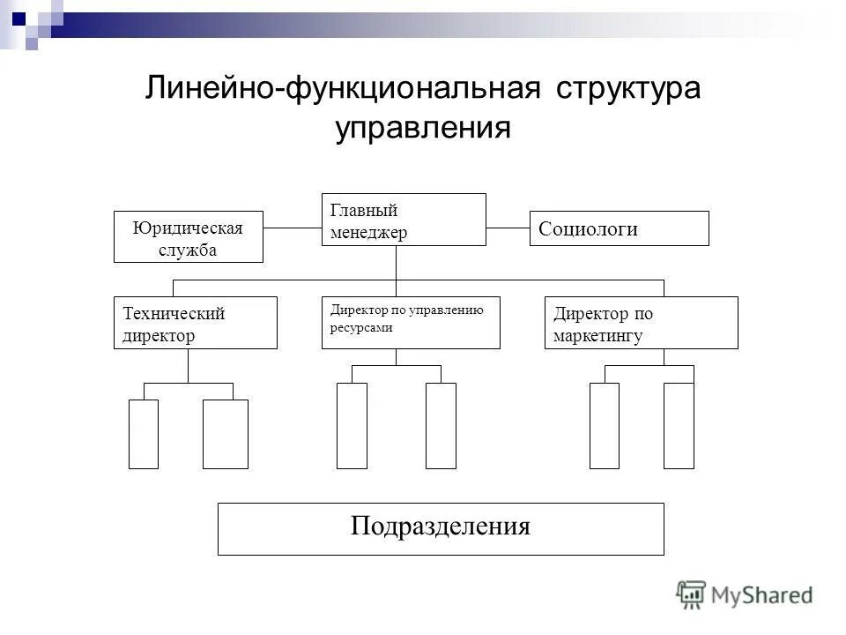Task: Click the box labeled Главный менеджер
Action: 404,220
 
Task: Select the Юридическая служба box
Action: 189,236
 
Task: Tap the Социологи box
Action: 619,228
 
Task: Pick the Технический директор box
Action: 195,323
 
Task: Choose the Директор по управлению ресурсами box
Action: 411,323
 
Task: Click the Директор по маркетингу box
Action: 641,323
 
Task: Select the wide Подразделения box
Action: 441,528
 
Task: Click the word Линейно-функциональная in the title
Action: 342,90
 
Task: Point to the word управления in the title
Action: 423,129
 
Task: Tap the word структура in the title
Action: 628,90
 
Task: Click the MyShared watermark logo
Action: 745,594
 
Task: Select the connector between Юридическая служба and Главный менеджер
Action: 293,228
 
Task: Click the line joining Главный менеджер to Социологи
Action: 508,228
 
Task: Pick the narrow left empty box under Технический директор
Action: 144,434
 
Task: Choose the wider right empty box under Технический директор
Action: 226,434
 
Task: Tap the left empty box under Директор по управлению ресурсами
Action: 352,425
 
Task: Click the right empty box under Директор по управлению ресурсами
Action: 441,425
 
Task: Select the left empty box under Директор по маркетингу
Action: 605,425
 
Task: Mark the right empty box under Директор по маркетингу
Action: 679,425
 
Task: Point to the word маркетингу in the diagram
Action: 597,335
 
